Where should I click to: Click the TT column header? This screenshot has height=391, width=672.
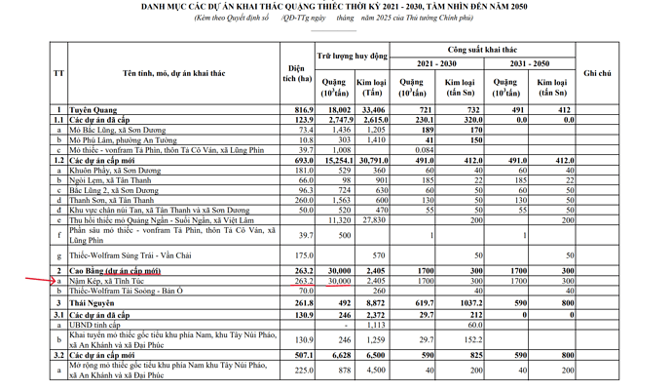pos(58,73)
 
